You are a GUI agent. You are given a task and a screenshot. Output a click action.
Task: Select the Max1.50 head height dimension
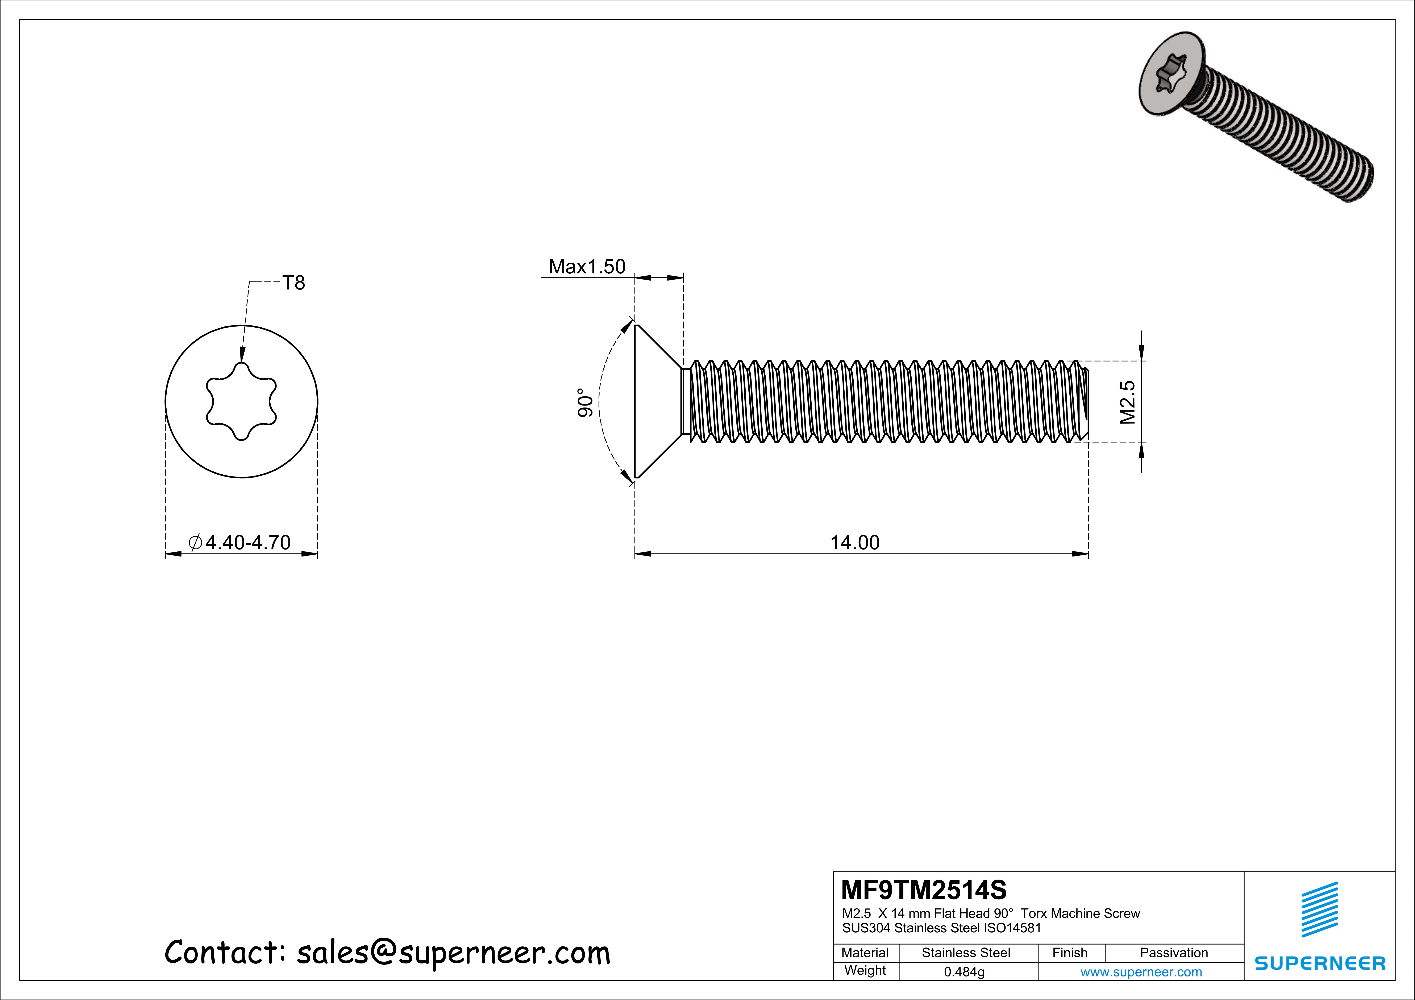click(587, 267)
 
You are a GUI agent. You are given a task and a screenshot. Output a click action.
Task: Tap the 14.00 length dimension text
click(855, 543)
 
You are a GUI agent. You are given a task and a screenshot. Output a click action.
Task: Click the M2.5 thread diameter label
click(1127, 402)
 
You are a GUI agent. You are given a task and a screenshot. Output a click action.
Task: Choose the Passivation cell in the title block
click(1173, 953)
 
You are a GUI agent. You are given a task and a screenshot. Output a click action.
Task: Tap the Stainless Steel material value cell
click(966, 953)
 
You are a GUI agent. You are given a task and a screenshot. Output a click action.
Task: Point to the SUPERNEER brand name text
click(1319, 963)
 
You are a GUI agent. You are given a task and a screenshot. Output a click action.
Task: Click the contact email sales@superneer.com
click(453, 953)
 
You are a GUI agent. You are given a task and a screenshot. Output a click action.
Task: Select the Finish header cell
click(1070, 953)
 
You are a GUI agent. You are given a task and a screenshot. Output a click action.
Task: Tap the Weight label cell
click(865, 970)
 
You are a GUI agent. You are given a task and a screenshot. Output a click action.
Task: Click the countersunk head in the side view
click(656, 401)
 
